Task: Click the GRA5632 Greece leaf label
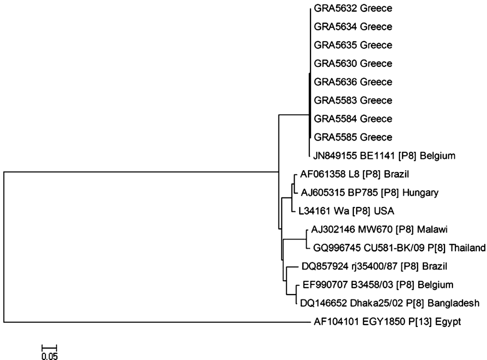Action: (353, 8)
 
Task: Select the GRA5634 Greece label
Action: (353, 27)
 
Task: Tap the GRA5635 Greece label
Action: (353, 45)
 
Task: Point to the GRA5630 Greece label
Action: (353, 63)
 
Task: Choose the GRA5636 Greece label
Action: (353, 82)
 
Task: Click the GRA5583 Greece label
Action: (353, 100)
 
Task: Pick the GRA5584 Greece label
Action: (353, 119)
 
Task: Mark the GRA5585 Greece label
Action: (353, 137)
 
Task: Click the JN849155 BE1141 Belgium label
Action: (385, 156)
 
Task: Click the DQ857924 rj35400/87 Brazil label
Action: (374, 266)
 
